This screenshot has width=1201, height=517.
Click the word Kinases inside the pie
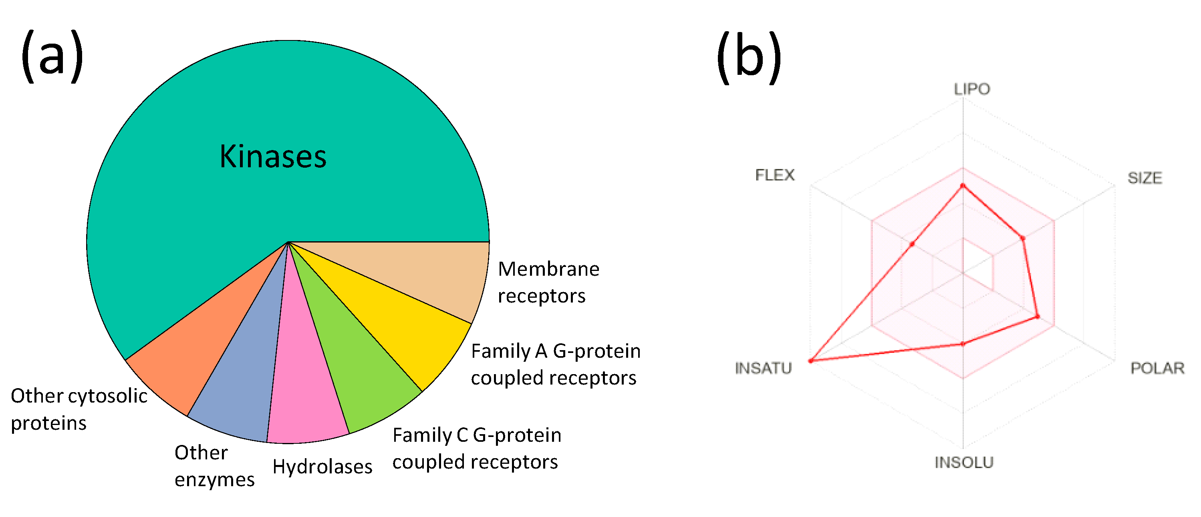(273, 156)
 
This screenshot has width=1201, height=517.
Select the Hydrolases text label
(322, 466)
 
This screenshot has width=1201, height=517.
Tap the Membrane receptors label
(548, 282)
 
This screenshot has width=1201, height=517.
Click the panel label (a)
(52, 56)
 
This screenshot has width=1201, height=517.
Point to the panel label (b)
(748, 57)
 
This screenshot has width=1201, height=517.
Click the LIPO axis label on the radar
(971, 89)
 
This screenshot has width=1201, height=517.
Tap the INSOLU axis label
(964, 462)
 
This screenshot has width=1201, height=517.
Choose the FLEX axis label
(774, 175)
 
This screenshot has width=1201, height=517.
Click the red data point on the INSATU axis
(811, 361)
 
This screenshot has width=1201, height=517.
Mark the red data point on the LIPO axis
(963, 186)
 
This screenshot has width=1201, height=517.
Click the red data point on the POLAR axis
(1037, 317)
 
